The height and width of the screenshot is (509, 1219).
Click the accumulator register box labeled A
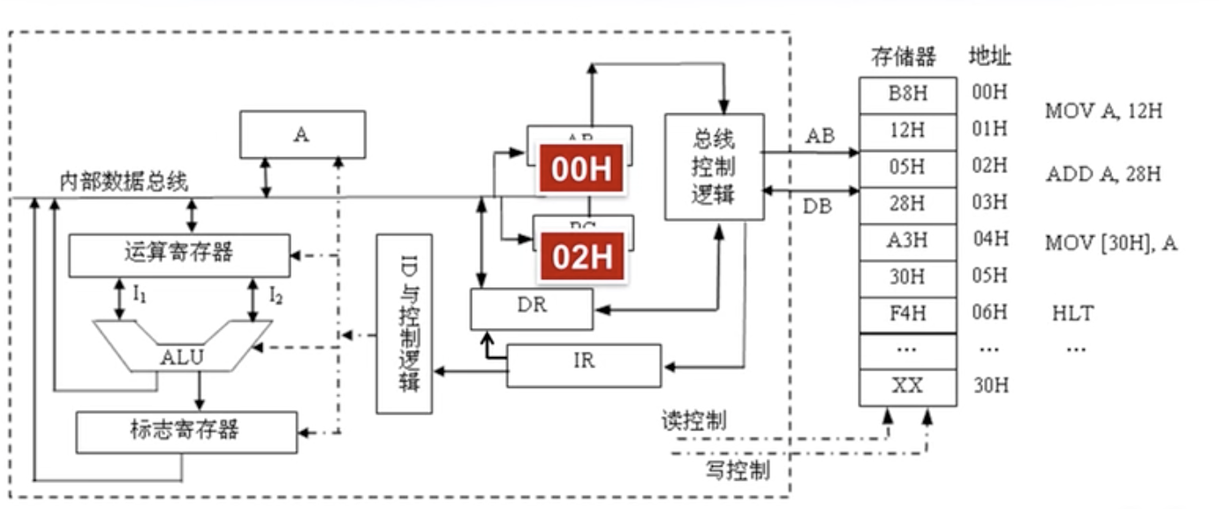click(x=301, y=134)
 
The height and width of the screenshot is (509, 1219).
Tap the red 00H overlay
click(x=581, y=169)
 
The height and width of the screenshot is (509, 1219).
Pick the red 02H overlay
click(x=581, y=257)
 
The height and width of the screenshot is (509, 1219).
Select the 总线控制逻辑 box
click(x=714, y=167)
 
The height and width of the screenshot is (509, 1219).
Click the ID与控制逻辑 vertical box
click(x=404, y=323)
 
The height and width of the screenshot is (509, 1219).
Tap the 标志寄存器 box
click(x=185, y=432)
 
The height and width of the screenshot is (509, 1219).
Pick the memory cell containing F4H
click(x=907, y=314)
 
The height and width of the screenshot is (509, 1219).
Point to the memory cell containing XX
click(x=907, y=387)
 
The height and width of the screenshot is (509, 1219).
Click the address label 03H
click(x=988, y=203)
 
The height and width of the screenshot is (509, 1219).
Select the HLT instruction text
click(x=1072, y=314)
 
